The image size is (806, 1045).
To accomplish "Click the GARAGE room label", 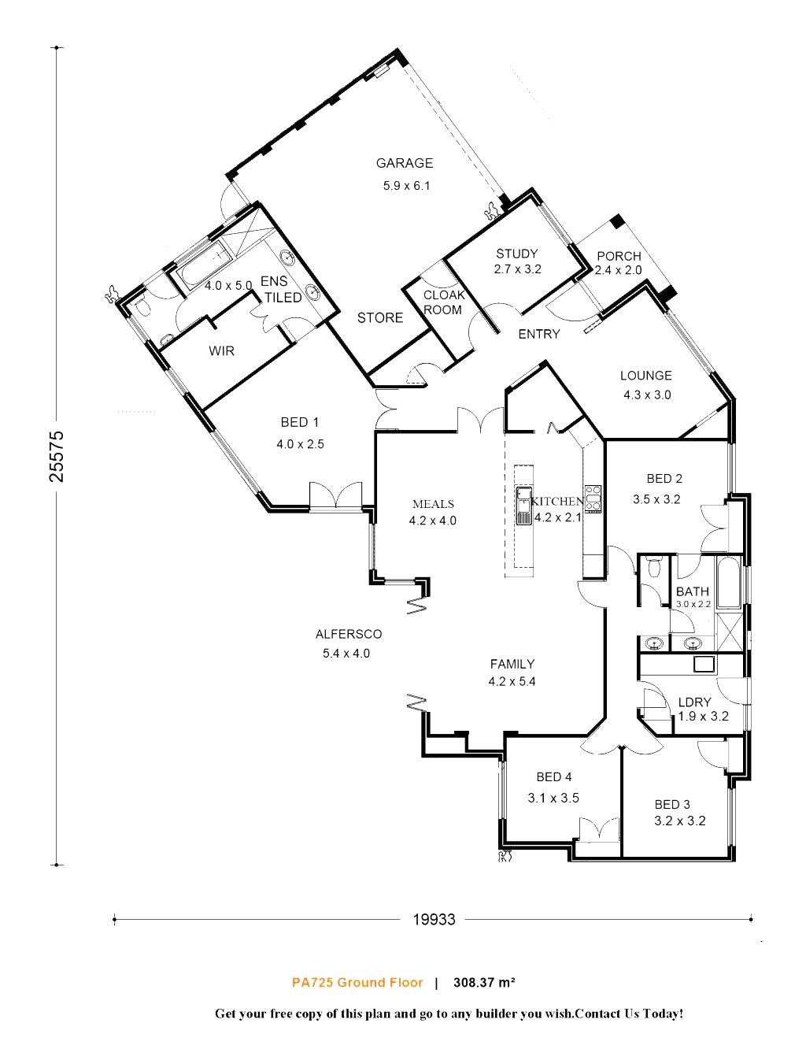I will [x=405, y=163].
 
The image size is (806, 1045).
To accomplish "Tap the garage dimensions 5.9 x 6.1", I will [x=407, y=186].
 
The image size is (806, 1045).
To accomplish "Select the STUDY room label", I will [x=517, y=254].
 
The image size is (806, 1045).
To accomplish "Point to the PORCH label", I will [x=619, y=256].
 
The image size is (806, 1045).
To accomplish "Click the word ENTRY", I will [x=539, y=334].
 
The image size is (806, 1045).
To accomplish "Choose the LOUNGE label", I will [x=645, y=376].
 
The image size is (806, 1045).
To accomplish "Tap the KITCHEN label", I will [x=557, y=501].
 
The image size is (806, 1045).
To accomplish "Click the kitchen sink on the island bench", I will [x=523, y=506].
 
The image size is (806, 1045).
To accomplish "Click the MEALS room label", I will [x=433, y=504].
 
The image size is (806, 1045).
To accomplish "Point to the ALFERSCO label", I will [x=349, y=634].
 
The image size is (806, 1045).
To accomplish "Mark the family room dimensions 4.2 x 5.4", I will [x=512, y=682].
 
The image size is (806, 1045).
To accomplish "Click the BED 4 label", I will [x=554, y=777].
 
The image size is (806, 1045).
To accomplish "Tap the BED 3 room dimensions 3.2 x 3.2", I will [x=680, y=821].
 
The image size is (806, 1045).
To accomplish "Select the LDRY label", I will [x=694, y=702].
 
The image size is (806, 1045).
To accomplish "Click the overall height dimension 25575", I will [x=57, y=456].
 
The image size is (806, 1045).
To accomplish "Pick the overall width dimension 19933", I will [x=434, y=919].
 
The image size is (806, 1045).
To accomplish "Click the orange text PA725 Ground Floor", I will [x=357, y=982].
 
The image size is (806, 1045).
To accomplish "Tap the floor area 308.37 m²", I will [x=484, y=982].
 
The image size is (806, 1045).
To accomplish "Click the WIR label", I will [x=221, y=350].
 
